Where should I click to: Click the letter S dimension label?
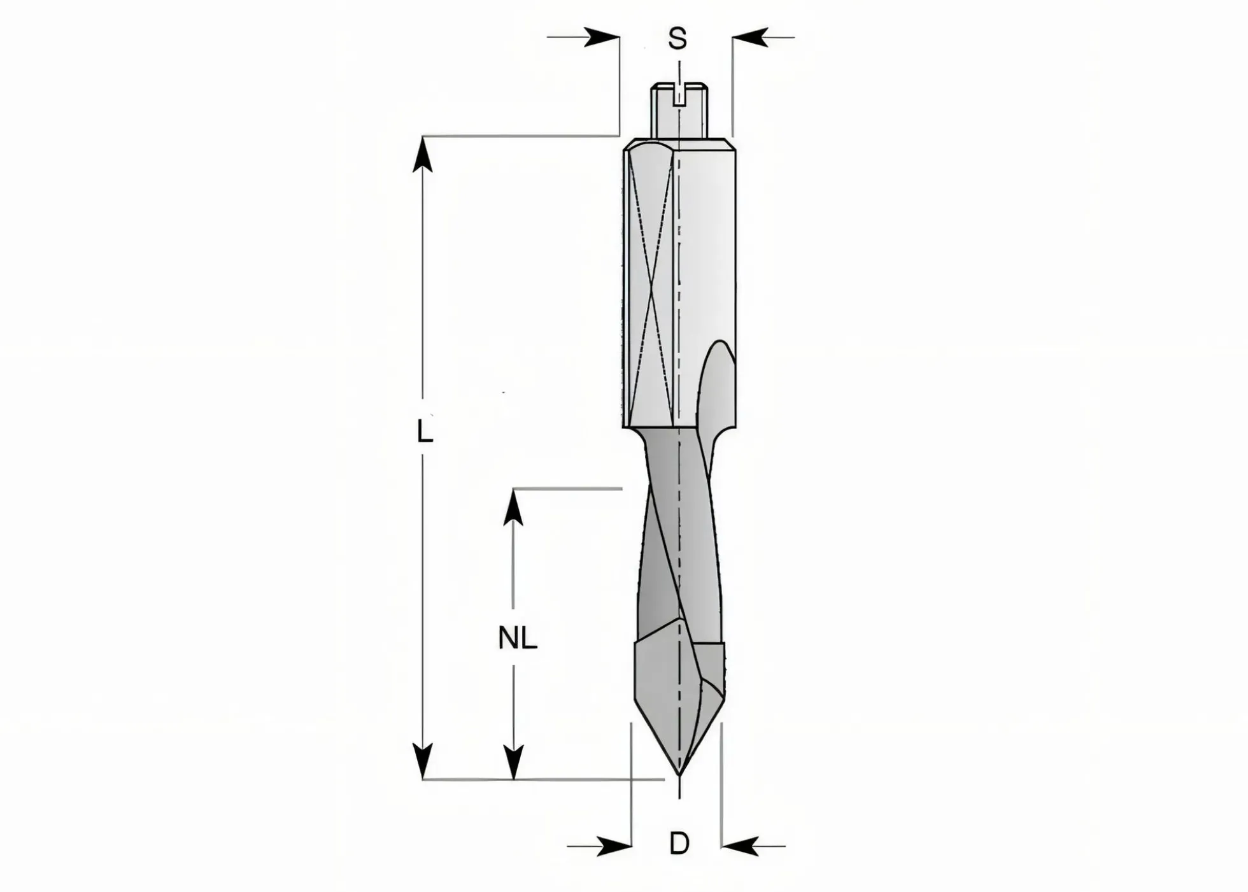[677, 39]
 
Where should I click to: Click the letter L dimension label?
[425, 432]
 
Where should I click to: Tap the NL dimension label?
[518, 638]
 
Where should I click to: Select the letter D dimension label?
[679, 844]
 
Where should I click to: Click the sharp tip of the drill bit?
[679, 777]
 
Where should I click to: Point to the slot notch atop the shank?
[679, 96]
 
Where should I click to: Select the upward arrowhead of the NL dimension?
[513, 507]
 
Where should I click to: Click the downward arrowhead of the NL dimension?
[513, 761]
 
